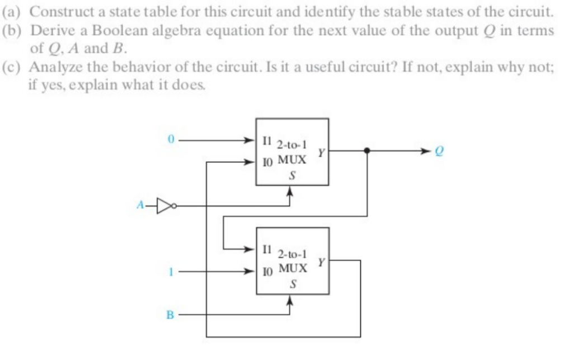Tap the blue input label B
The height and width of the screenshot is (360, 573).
point(170,315)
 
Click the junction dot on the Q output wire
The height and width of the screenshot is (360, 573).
point(367,151)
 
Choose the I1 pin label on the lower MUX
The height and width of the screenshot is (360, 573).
point(266,248)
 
